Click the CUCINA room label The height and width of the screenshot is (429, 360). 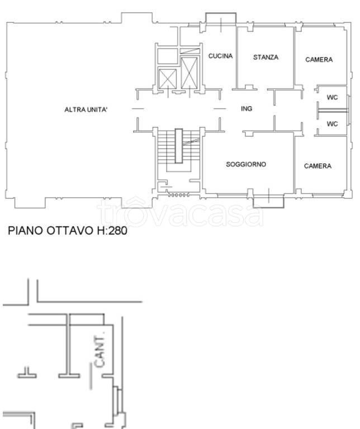coord(220,56)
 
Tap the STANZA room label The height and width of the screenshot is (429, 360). coord(266,57)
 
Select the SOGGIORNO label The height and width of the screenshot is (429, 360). coord(246,164)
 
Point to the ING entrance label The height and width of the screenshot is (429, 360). coord(247,108)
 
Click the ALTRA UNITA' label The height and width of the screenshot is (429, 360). coord(86,109)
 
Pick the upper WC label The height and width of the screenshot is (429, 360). coord(332,97)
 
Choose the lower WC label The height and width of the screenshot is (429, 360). coord(332,124)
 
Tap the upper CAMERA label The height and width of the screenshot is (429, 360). coord(319,60)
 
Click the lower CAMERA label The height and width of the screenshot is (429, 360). coord(318,166)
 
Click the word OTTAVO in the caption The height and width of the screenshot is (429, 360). coord(69,230)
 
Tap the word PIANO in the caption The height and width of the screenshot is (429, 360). coord(26,230)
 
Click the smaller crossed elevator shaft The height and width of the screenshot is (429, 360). coord(168,79)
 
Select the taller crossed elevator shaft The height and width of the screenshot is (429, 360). coord(189,73)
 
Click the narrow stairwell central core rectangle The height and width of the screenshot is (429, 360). coord(179,146)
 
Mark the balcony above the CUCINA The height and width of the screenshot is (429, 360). coord(221,19)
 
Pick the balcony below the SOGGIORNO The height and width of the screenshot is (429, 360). coord(268,201)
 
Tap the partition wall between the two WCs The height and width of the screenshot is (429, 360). coord(333,111)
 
